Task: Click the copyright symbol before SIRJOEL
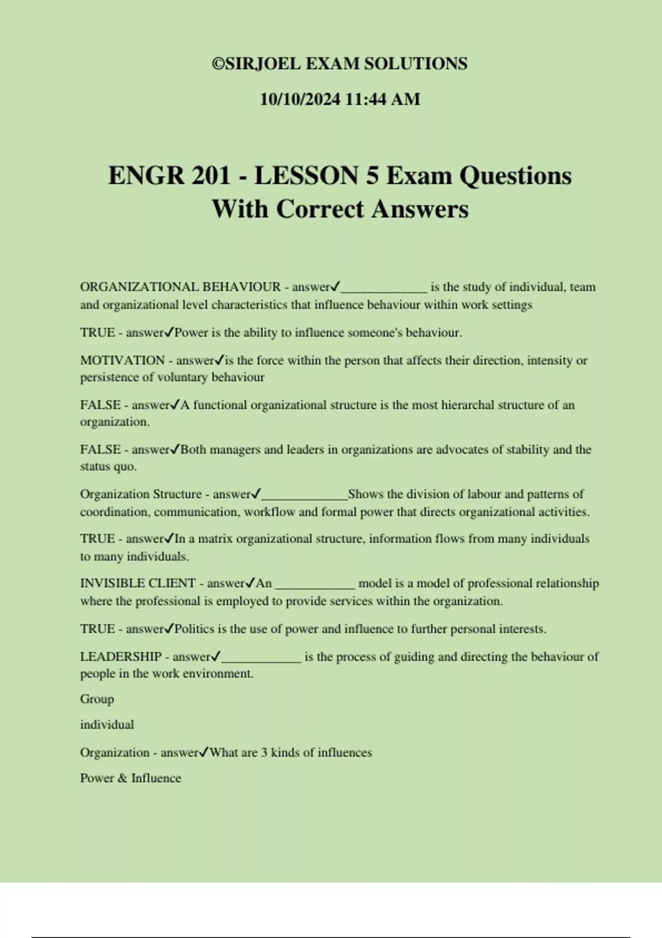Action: [x=218, y=64]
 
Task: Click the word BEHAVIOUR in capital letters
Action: [x=242, y=287]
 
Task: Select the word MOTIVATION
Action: [x=122, y=361]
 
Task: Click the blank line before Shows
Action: [x=305, y=495]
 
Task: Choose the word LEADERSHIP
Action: [x=121, y=657]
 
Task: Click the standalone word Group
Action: [x=97, y=699]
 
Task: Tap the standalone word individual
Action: [x=107, y=724]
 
